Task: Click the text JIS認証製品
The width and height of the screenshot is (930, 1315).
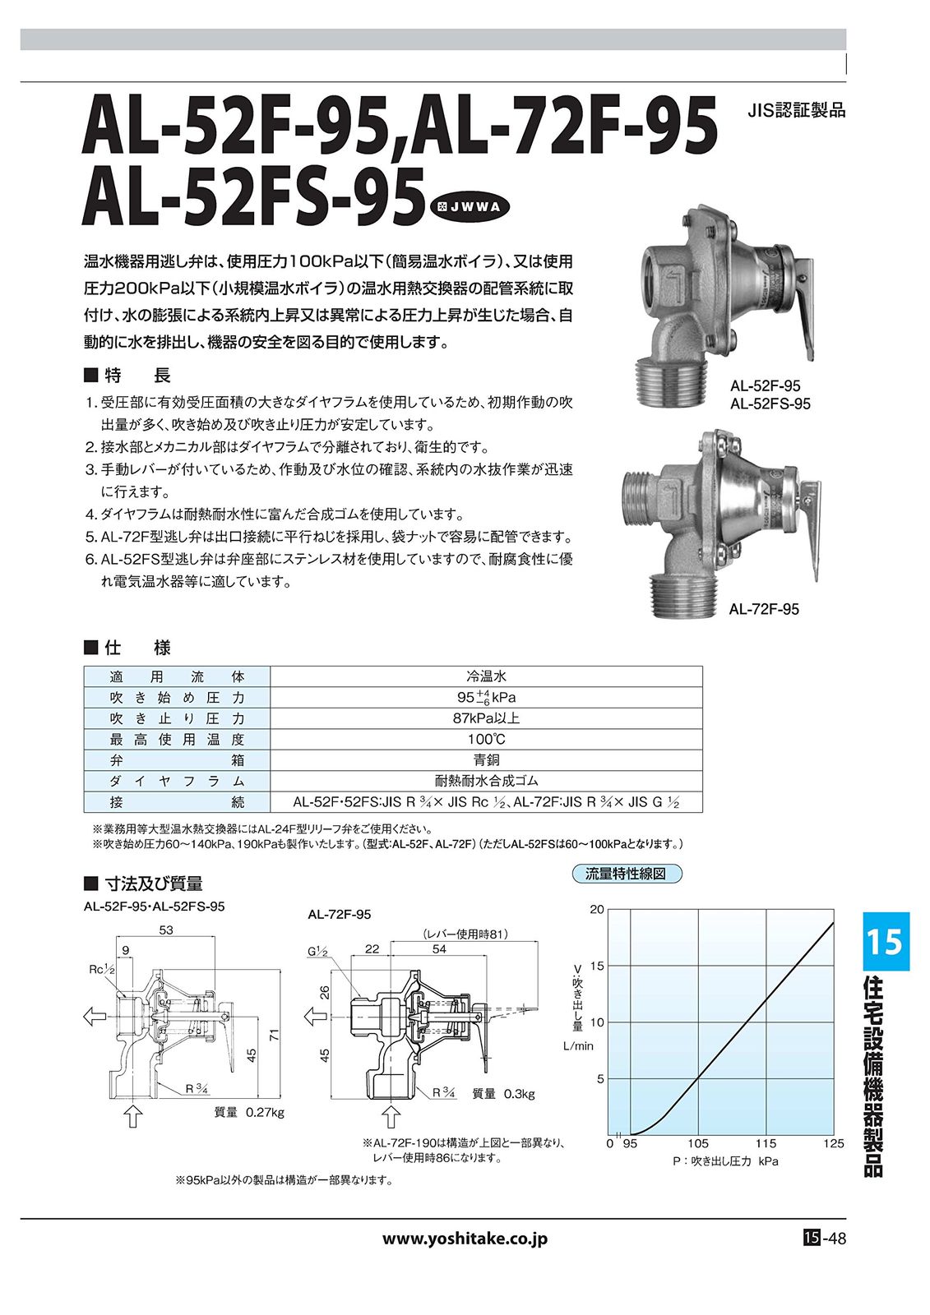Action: [x=796, y=110]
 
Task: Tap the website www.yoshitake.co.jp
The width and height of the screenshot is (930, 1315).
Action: [x=465, y=1239]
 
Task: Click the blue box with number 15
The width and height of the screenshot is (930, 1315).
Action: [x=886, y=941]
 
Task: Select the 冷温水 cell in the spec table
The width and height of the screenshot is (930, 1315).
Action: [x=486, y=676]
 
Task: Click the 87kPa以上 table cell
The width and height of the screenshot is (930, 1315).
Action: [x=486, y=718]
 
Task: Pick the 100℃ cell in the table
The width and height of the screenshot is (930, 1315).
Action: [x=486, y=739]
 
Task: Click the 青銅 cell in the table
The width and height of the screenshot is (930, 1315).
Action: [x=486, y=760]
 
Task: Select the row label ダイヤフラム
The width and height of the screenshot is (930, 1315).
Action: [x=177, y=781]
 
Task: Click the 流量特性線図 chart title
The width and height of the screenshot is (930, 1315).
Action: [x=627, y=874]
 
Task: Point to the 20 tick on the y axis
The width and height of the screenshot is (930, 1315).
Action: [x=597, y=909]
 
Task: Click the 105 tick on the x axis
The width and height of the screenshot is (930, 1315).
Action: [x=697, y=1143]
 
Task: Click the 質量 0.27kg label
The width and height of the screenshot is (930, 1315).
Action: [x=248, y=1112]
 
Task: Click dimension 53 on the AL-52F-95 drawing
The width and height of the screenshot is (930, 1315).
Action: [x=166, y=930]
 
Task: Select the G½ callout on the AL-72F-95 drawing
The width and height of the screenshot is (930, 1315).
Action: [x=318, y=952]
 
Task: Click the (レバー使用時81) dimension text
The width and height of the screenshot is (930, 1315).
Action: [x=465, y=934]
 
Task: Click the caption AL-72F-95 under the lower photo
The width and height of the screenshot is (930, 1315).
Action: [x=764, y=609]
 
